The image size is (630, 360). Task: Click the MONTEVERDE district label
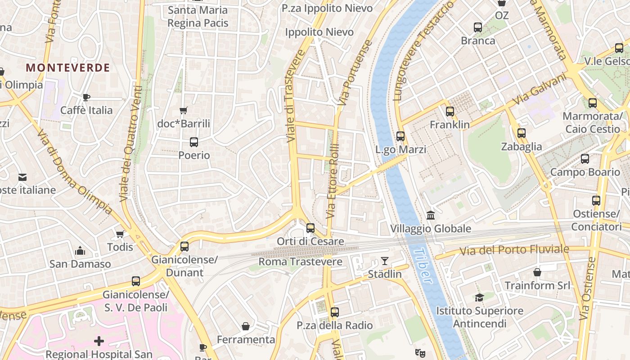coord(67,68)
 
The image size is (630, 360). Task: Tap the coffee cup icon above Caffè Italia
coord(86,97)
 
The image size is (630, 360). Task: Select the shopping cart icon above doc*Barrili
coord(183,110)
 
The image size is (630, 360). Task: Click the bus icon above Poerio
coord(194,142)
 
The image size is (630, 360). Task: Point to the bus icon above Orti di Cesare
coord(310,228)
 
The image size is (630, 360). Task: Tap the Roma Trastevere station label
coord(300,261)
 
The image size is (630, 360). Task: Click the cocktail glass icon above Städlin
coord(384,261)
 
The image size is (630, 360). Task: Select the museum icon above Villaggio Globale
coord(431,216)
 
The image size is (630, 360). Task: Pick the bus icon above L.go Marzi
coord(400,136)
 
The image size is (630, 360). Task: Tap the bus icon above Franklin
coord(450,112)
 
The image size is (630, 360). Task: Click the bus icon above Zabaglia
coord(522,133)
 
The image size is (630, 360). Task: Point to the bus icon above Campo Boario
coord(585,159)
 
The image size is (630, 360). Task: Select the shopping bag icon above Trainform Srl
coord(537,272)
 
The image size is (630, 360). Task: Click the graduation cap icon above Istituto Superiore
coord(479,297)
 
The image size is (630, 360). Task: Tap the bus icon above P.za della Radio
coord(334,312)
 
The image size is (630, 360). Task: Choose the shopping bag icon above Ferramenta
coord(246,326)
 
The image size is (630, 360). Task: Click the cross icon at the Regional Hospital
coord(99,341)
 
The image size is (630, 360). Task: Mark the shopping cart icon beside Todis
coord(120,234)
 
